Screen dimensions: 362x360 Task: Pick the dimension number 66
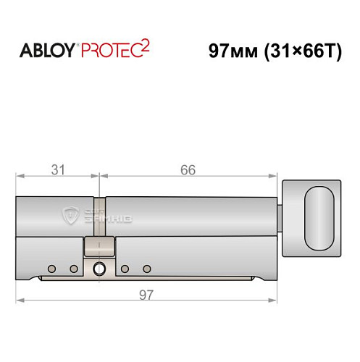(x=188, y=171)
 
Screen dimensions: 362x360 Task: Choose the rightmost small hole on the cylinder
(x=146, y=269)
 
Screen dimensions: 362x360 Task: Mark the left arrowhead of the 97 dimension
(x=20, y=299)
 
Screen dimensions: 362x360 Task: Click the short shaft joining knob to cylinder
(x=282, y=215)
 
